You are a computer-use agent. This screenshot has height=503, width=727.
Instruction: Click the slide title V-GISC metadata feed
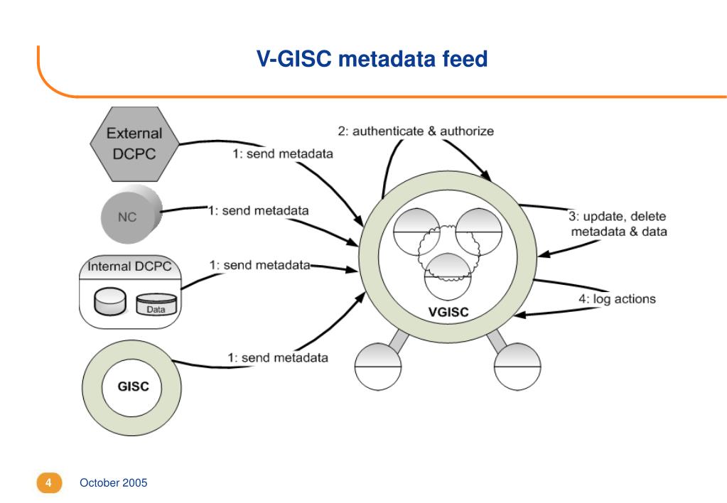372,59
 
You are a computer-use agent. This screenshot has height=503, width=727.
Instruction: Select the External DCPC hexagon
134,144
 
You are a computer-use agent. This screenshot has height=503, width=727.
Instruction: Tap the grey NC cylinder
131,214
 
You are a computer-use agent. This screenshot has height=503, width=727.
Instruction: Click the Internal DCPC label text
129,266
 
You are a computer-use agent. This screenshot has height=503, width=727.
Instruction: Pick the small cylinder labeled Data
156,305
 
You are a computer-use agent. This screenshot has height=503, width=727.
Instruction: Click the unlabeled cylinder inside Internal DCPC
110,301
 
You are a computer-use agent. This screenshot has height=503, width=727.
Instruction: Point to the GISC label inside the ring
133,386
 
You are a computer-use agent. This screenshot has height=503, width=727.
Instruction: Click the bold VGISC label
448,312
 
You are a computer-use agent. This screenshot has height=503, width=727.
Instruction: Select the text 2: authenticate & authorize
416,131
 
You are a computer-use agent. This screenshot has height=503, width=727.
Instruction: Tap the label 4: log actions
617,299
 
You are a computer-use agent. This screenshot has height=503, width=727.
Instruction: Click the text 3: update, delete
617,216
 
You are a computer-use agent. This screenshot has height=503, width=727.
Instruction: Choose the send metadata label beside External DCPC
283,153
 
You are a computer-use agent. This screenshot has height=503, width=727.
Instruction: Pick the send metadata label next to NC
258,210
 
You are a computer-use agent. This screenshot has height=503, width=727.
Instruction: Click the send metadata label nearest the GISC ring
278,357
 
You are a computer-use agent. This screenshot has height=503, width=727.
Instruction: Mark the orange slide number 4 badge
49,482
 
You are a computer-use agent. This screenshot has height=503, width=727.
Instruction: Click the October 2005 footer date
114,482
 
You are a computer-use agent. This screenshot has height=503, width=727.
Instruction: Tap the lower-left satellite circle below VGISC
378,367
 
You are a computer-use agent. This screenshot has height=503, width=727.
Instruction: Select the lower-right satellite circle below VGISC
517,367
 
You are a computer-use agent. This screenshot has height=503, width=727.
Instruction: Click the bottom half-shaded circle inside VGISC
448,277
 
